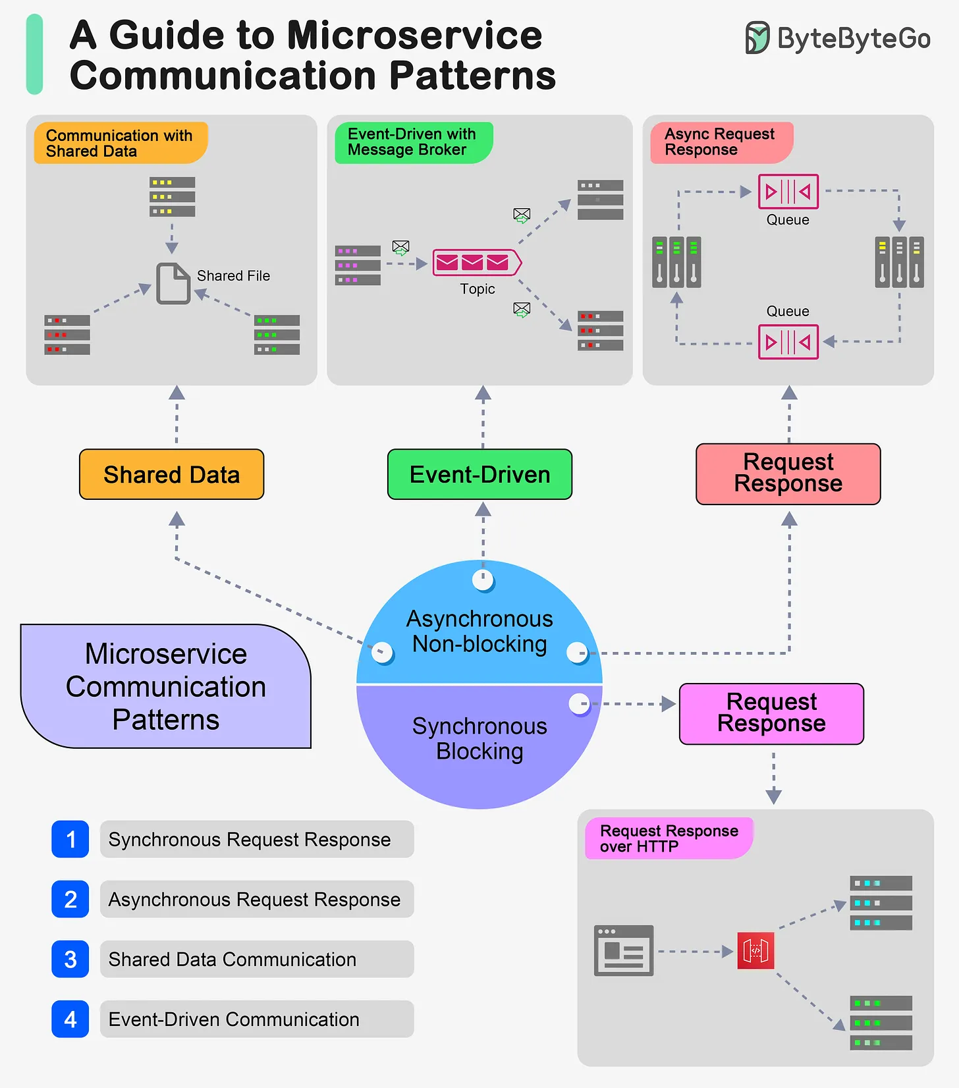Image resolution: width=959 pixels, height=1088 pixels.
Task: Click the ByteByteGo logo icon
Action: (757, 38)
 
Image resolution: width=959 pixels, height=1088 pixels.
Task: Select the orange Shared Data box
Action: (171, 474)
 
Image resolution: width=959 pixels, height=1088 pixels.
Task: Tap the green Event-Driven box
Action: (479, 474)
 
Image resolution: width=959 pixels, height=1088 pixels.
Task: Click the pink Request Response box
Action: (788, 474)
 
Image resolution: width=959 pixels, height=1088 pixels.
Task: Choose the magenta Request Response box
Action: (771, 713)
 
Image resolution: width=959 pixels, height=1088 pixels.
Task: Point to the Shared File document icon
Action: (173, 283)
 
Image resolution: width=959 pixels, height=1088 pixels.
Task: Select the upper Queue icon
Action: (788, 192)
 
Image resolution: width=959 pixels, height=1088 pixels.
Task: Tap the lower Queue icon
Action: (788, 342)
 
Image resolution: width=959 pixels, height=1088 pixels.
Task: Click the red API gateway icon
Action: (755, 950)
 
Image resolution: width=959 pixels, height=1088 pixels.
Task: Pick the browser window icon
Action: (623, 950)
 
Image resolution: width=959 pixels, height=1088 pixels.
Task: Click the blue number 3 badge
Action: (70, 959)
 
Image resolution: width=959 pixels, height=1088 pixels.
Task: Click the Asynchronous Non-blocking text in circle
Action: (479, 631)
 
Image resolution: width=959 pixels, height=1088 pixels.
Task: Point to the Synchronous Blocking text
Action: (479, 738)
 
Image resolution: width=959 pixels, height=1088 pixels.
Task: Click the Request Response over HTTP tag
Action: (668, 838)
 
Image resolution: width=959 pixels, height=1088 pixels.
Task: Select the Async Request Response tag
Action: (721, 142)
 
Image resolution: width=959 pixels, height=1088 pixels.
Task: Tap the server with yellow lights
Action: (172, 196)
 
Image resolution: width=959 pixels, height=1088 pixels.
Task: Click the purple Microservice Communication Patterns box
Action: (165, 686)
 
